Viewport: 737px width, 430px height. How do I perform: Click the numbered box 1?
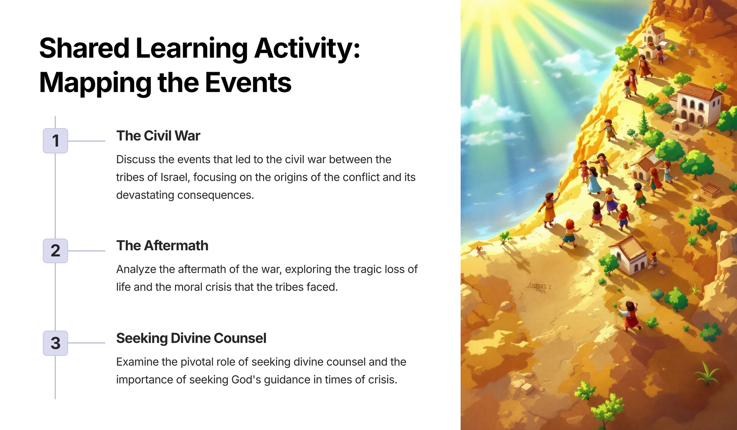tap(55, 141)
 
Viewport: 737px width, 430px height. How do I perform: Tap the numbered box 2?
tap(55, 251)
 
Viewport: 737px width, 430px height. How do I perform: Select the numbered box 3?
tap(55, 343)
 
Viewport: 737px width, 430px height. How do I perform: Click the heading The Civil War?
tap(158, 136)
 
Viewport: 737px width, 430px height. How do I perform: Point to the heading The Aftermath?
tap(162, 246)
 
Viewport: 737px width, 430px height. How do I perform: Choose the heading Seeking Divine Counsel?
tap(191, 338)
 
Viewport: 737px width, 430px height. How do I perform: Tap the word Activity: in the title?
tap(307, 49)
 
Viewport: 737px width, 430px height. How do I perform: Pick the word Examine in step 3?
tap(137, 362)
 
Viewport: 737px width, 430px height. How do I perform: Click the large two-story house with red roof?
tap(697, 104)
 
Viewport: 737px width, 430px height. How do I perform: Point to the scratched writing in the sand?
tap(539, 287)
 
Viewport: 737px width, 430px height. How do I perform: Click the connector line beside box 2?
tap(86, 251)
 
